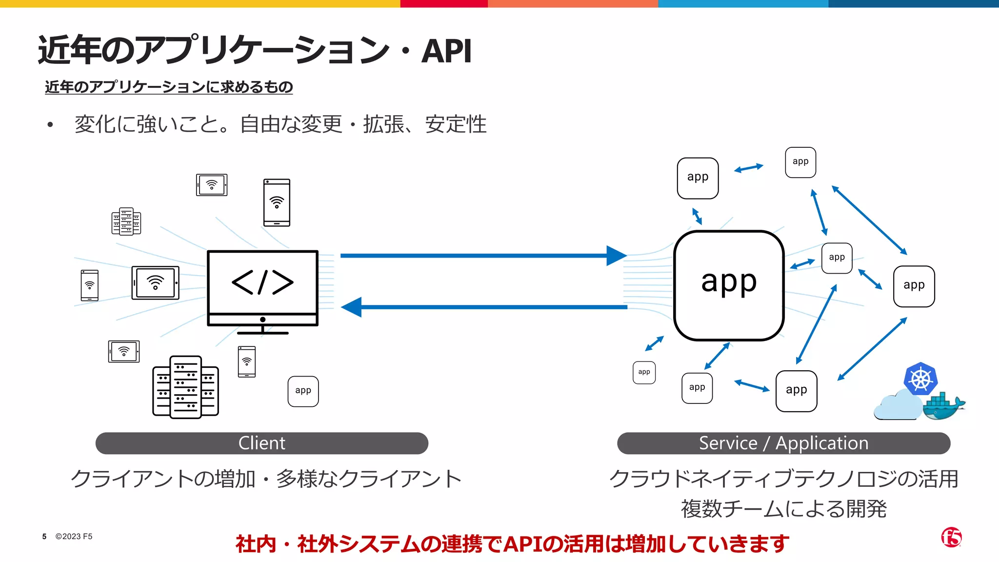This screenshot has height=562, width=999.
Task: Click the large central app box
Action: (x=729, y=285)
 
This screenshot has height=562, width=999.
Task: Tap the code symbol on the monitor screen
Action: (x=262, y=282)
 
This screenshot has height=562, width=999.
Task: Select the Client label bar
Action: (x=262, y=443)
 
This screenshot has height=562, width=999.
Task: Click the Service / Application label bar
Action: (x=783, y=443)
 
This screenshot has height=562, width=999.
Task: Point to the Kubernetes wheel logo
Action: (x=920, y=379)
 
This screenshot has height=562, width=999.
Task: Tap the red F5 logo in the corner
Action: (x=951, y=538)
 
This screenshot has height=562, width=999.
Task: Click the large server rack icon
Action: (x=185, y=387)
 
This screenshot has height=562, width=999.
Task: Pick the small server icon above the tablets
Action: (x=126, y=221)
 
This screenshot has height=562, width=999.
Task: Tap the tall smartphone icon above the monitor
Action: (x=277, y=202)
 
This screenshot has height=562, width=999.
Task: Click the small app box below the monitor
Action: (x=303, y=391)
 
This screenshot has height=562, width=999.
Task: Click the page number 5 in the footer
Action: (x=44, y=537)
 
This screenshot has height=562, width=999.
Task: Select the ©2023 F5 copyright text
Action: (x=74, y=537)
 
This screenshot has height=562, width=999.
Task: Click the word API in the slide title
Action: (x=446, y=51)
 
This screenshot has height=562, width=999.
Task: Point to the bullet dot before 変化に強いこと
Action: (x=50, y=125)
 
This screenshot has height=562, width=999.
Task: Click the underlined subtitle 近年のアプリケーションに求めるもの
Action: (x=169, y=87)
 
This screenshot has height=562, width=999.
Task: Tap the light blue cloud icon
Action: (x=897, y=407)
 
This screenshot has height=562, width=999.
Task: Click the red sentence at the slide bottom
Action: (x=512, y=544)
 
